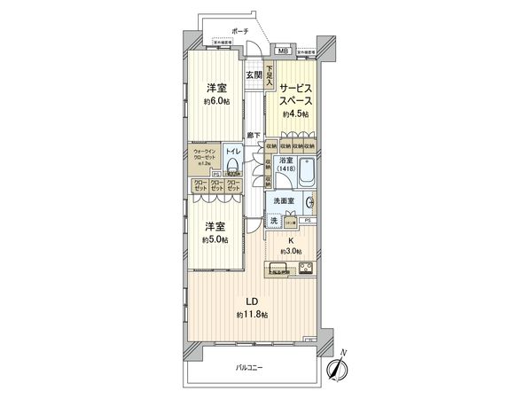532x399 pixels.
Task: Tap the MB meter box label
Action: pyautogui.click(x=283, y=51)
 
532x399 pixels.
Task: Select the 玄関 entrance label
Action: pyautogui.click(x=254, y=75)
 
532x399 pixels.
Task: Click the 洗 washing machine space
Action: pyautogui.click(x=275, y=220)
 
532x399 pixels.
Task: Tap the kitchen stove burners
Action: pyautogui.click(x=306, y=270)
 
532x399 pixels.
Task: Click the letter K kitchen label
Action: pyautogui.click(x=290, y=239)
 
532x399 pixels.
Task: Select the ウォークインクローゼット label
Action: pyautogui.click(x=202, y=156)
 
